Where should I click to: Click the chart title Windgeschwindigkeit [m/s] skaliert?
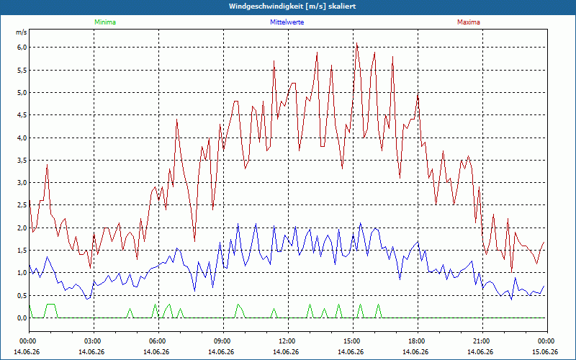point(292,6)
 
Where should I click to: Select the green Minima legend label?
point(105,22)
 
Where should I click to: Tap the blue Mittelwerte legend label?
point(287,22)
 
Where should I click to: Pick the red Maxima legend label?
point(469,22)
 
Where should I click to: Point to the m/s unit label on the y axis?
point(22,32)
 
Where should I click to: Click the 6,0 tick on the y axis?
point(22,48)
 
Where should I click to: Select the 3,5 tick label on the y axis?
point(22,160)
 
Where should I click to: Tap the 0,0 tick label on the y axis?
point(22,318)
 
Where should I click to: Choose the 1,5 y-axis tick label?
point(22,251)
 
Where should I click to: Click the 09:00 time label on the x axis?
point(222,341)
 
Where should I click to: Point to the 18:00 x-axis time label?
point(417,341)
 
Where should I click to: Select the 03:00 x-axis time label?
point(94,341)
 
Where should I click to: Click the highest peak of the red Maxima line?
point(356,43)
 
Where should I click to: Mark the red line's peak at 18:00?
point(418,94)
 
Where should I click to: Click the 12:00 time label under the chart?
point(287,341)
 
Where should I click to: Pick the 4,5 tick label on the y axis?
point(22,115)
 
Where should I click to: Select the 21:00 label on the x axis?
point(482,341)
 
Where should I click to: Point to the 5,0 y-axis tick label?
point(22,93)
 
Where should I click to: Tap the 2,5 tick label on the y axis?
point(22,205)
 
